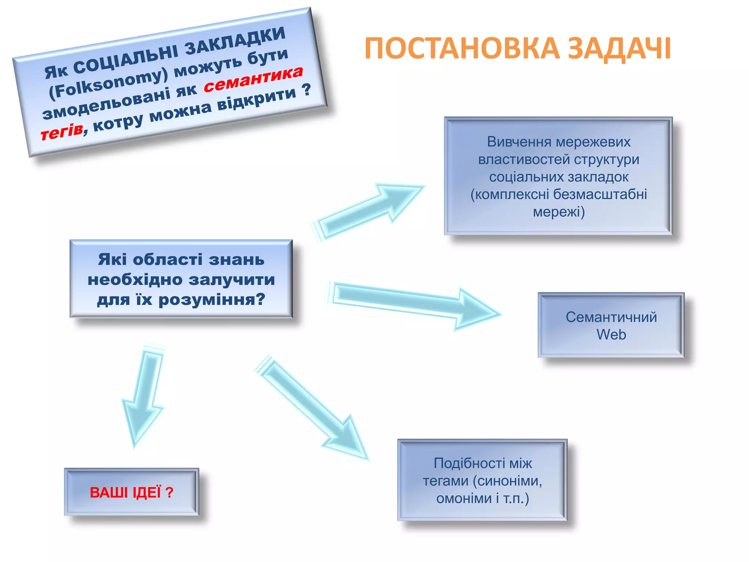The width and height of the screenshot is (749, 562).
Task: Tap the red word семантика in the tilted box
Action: [253, 79]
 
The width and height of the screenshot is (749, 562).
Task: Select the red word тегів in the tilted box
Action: [61, 132]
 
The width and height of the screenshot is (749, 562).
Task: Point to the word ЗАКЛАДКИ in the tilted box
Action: [234, 41]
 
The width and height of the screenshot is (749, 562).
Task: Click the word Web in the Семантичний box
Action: [611, 334]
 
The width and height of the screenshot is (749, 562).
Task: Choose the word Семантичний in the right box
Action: [611, 317]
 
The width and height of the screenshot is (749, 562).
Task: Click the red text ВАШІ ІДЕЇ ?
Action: [131, 492]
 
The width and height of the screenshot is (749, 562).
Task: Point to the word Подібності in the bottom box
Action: [464, 463]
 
